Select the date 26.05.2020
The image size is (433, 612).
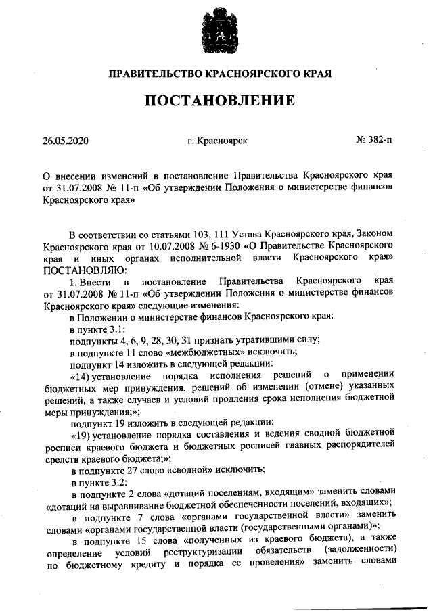pos(65,141)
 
